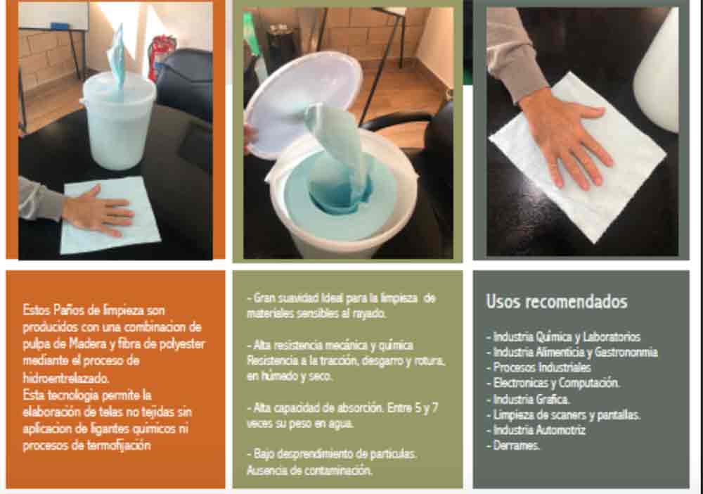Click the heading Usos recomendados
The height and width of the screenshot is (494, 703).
click(556, 301)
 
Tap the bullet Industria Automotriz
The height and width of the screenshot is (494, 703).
click(536, 430)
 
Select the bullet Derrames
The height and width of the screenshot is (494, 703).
click(513, 445)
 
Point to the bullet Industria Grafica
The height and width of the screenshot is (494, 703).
click(528, 399)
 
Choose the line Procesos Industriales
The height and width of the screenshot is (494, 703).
click(538, 367)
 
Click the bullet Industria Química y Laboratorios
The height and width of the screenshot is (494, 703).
click(564, 336)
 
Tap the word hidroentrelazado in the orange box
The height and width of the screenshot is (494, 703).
click(66, 378)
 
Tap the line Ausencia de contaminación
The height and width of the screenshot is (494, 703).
click(309, 470)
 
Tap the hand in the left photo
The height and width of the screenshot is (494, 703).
click(98, 211)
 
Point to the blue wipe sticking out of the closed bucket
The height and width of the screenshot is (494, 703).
click(117, 56)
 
